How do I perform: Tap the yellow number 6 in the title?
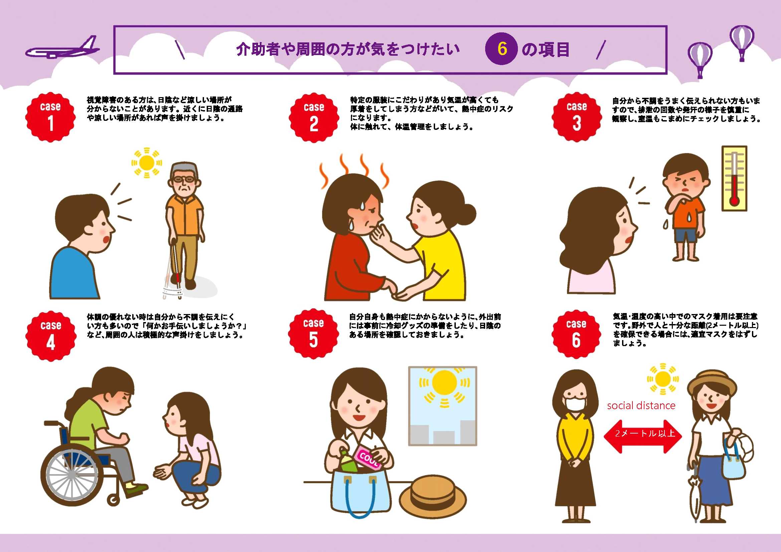502,49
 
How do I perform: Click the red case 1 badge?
50,117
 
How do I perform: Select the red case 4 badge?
51,336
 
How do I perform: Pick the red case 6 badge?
576,334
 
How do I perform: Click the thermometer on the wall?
734,179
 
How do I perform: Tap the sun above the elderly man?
147,163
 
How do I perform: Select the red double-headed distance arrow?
642,437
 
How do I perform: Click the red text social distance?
641,405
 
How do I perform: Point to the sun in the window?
444,383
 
